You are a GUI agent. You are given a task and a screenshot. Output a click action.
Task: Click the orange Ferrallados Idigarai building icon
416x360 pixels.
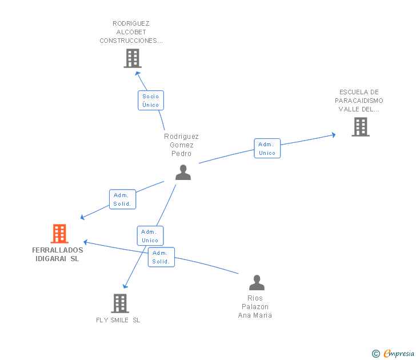[x=59, y=234]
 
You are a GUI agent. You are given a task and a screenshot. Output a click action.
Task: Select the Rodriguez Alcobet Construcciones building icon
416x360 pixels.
[x=133, y=58]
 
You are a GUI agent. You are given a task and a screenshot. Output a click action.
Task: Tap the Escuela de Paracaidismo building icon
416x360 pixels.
[x=361, y=127]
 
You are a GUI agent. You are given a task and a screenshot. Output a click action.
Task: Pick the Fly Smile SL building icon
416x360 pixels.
[x=120, y=303]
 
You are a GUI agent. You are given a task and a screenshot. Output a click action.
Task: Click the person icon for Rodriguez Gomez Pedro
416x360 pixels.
[x=183, y=173]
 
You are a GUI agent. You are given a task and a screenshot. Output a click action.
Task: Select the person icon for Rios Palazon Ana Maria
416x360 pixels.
[x=257, y=282]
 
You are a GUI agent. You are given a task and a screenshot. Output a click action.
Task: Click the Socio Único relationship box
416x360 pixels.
[x=151, y=100]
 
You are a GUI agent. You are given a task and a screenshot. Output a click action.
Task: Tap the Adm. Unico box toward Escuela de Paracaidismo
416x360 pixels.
[x=267, y=149]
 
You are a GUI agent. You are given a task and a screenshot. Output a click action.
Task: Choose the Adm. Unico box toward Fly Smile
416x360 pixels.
[x=150, y=236]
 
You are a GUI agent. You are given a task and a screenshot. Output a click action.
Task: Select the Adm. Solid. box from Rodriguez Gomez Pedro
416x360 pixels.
[x=122, y=199]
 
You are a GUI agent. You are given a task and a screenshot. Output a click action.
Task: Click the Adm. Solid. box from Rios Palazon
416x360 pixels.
[x=161, y=257]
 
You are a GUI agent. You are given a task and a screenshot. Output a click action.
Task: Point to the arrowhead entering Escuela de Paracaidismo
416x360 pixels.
[x=334, y=135]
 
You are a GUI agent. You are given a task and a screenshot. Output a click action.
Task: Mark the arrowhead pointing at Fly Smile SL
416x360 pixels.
[x=125, y=286]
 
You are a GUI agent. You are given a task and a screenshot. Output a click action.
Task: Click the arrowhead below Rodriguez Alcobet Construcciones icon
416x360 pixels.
[x=137, y=74]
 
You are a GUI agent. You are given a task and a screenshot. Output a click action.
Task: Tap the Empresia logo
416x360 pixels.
[x=399, y=353]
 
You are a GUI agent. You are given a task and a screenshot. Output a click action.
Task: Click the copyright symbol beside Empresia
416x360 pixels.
[x=376, y=354]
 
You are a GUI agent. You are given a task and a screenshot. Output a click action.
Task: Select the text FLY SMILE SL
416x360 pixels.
[x=118, y=320]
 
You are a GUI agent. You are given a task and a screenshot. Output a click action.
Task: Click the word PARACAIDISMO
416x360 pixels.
[x=359, y=101]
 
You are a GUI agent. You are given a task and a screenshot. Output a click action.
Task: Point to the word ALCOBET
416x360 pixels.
[x=131, y=32]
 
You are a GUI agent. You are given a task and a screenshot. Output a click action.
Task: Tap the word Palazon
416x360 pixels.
[x=255, y=307]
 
